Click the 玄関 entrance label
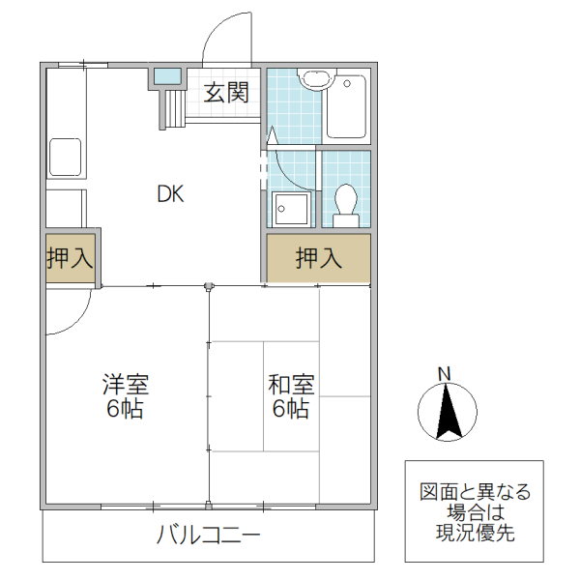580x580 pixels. click(x=227, y=93)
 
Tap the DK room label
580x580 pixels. click(x=171, y=193)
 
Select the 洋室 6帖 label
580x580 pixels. click(x=126, y=396)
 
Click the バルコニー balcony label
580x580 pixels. click(x=209, y=535)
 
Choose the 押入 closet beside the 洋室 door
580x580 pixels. click(x=70, y=259)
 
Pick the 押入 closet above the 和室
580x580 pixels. click(x=319, y=258)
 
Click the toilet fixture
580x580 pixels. click(x=345, y=202)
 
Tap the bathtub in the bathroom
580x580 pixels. click(x=346, y=105)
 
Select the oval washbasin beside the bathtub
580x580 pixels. click(x=312, y=79)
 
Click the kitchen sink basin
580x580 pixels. click(x=65, y=157)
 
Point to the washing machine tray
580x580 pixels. click(x=291, y=208)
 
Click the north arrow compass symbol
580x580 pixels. click(x=445, y=413)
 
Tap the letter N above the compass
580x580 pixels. click(x=445, y=373)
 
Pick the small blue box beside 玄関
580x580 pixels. click(x=166, y=76)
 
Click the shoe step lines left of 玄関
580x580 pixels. click(x=173, y=107)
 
